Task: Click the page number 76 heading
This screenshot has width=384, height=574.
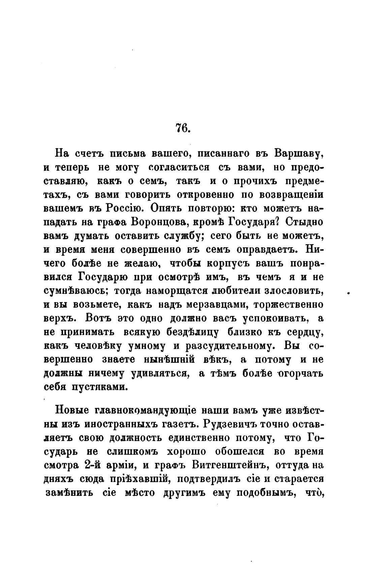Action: tap(183, 128)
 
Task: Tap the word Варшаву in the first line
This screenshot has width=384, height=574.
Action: tap(299, 154)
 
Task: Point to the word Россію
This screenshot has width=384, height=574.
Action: tap(126, 209)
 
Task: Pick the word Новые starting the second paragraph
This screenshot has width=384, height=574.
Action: tap(72, 411)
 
